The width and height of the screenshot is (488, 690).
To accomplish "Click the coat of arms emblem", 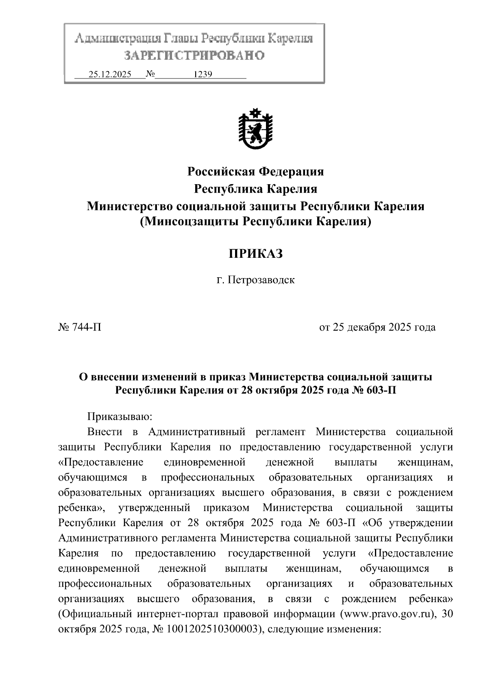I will click(x=255, y=128).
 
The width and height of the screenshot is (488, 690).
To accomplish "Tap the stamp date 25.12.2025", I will click(x=110, y=74).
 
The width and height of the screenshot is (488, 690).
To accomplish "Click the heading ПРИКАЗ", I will click(x=255, y=254).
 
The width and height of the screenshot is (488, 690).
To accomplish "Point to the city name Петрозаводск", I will click(x=261, y=280).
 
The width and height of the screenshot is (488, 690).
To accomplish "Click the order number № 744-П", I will click(x=80, y=327).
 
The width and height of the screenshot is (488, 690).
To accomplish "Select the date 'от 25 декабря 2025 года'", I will click(x=377, y=327).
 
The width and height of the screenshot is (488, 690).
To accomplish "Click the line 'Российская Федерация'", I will click(x=255, y=172).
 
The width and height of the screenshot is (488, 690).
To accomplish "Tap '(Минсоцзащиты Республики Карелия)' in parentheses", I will click(x=255, y=222).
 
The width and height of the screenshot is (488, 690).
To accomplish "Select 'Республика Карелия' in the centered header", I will click(x=255, y=189).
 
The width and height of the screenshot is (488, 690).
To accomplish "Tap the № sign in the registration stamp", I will click(x=150, y=74).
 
